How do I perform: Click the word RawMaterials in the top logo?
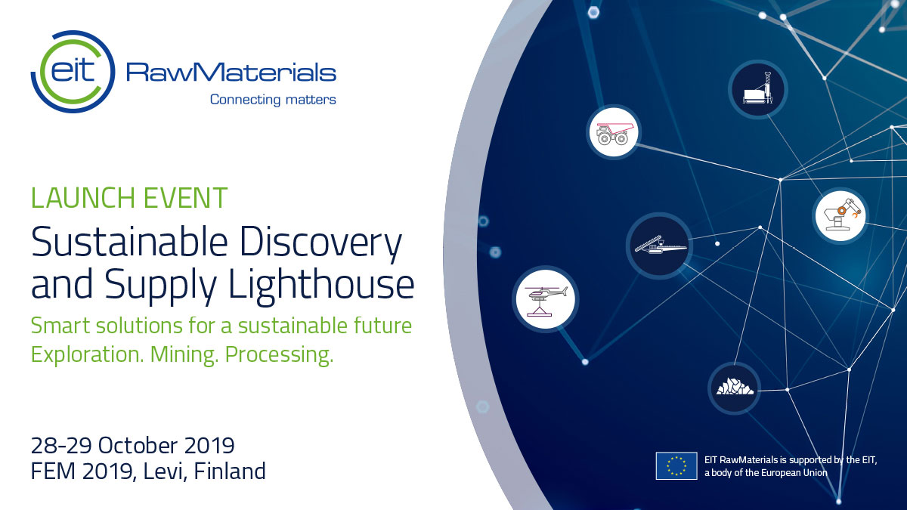pos(231,73)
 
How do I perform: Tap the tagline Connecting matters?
pos(273,100)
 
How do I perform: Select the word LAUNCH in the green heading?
pos(82,198)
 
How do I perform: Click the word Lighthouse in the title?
pos(321,284)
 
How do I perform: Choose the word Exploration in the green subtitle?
pos(87,354)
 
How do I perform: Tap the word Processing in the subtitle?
pos(279,354)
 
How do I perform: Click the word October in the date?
pos(138,445)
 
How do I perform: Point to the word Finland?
pos(230,471)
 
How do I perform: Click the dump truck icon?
pos(614,132)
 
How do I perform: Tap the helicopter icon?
pos(546,299)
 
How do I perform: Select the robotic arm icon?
pos(840,216)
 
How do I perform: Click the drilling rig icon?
pos(758,89)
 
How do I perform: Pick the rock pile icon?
pos(734,388)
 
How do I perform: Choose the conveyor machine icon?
pos(659,246)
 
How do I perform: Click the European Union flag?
pos(676,466)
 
